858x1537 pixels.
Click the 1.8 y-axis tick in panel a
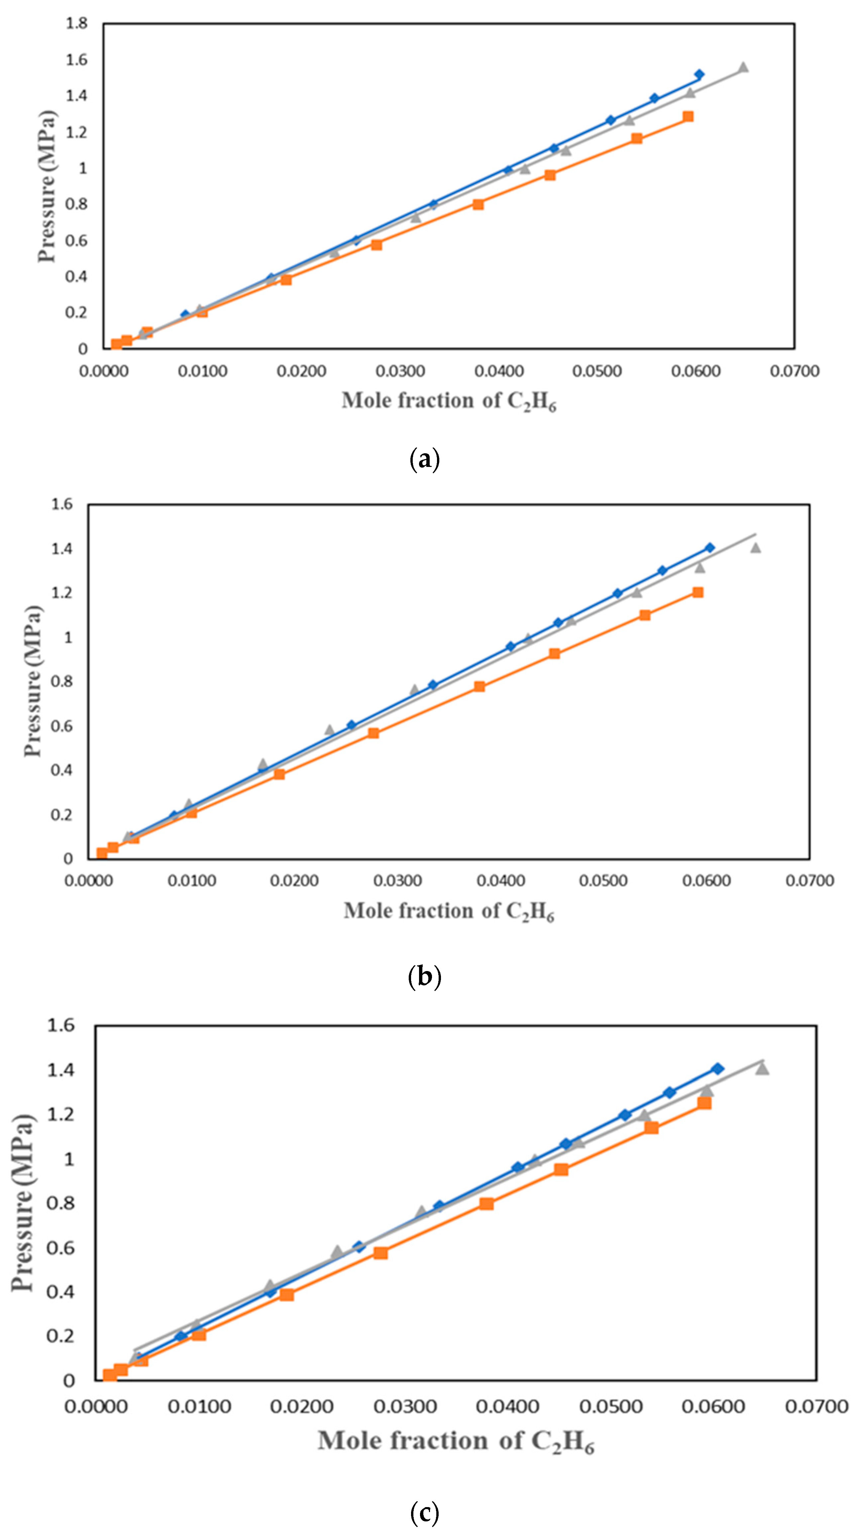click(x=76, y=23)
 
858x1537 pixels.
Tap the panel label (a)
click(x=425, y=460)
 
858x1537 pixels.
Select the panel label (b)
click(x=425, y=977)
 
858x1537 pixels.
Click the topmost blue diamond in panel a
click(x=699, y=74)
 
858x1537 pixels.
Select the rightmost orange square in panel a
click(x=688, y=116)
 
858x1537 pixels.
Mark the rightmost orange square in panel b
click(x=697, y=592)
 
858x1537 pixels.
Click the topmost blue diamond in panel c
click(x=718, y=1068)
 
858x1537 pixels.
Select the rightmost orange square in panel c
click(x=705, y=1103)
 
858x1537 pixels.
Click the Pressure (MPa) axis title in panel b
click(x=34, y=681)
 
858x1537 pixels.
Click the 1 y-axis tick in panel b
click(x=68, y=637)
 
